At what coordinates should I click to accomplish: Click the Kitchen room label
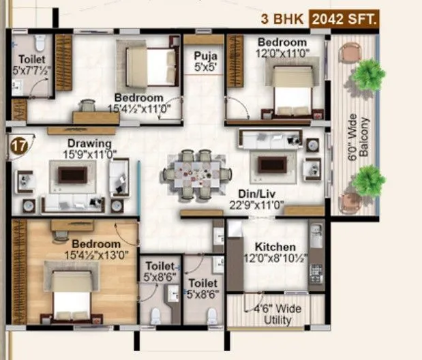coord(275,247)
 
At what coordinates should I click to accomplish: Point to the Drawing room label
coord(89,144)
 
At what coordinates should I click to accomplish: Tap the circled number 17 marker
coord(18,145)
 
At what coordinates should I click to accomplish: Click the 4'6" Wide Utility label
coord(277,315)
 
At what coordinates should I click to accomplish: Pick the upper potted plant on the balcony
coord(368,73)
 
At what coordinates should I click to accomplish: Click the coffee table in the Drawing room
coord(72,175)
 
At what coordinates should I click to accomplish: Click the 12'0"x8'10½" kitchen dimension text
coord(275,258)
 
